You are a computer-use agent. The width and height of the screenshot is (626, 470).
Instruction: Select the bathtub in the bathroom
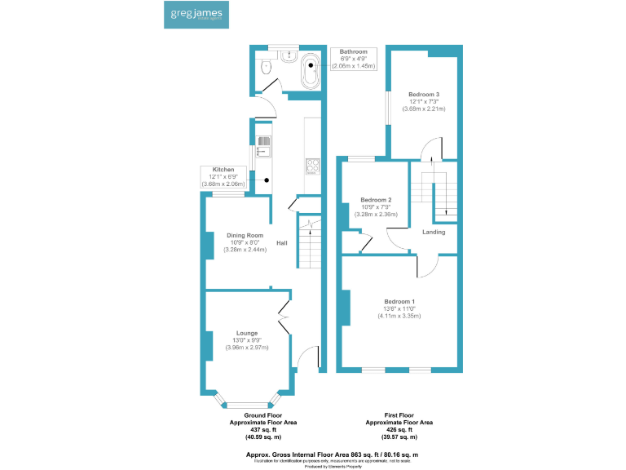click(x=310, y=71)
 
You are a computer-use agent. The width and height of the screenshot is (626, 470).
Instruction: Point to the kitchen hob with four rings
click(x=311, y=166)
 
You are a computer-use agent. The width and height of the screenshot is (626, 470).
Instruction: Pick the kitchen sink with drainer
click(x=264, y=145)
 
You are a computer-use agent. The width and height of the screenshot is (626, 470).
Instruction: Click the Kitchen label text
click(x=223, y=170)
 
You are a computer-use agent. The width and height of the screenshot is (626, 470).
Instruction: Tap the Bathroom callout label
click(x=354, y=51)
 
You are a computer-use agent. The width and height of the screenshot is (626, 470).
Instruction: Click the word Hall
click(x=281, y=243)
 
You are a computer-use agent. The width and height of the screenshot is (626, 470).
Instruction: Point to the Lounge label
click(x=247, y=333)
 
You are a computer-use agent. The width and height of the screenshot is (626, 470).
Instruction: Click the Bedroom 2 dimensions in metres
click(x=377, y=215)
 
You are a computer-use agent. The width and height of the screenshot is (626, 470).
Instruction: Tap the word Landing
click(x=434, y=233)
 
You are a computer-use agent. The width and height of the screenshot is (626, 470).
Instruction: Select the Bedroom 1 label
click(x=399, y=302)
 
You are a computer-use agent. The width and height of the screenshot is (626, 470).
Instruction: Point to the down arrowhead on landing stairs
click(x=446, y=215)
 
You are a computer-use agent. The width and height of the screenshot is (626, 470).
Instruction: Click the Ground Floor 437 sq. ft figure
click(x=263, y=429)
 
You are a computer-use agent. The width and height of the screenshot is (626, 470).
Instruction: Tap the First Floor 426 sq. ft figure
click(x=399, y=429)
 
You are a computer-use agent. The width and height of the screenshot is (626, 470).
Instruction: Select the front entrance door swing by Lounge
click(x=305, y=357)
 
